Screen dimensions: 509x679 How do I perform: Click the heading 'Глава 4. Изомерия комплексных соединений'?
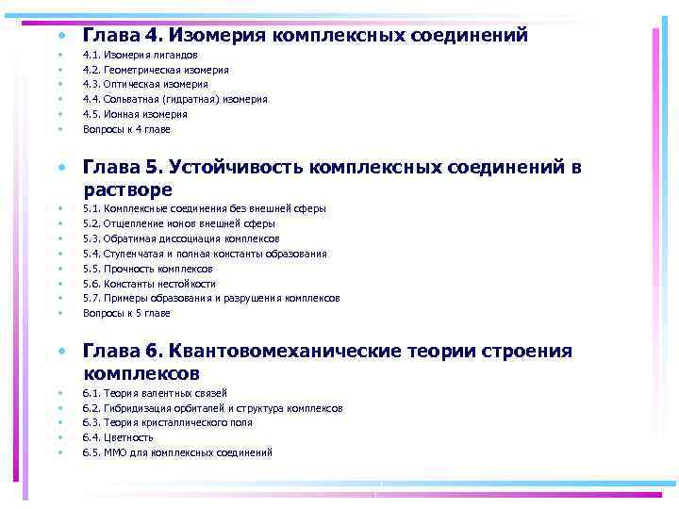pos(305,36)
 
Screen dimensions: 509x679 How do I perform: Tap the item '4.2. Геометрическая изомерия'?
pos(156,70)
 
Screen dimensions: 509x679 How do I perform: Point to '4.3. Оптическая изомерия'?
pos(145,85)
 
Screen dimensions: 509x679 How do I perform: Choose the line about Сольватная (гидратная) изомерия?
pos(174,99)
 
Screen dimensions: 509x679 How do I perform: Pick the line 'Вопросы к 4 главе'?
pos(126,129)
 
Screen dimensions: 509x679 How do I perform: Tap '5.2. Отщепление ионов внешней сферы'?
pos(179,224)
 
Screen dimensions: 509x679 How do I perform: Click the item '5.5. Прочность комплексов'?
pos(147,269)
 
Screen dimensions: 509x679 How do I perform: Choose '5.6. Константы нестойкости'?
pos(149,284)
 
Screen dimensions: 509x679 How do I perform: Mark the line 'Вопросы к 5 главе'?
pos(126,313)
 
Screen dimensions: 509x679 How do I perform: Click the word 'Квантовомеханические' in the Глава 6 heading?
pos(284,352)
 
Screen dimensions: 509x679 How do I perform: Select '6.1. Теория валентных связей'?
pos(155,393)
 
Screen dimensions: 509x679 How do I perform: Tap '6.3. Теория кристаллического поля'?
pos(168,423)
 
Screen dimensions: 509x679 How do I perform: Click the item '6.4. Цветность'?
pos(118,437)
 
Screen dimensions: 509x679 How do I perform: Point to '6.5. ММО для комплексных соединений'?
pos(177,452)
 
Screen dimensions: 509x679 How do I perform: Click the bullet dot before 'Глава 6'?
pos(60,352)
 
